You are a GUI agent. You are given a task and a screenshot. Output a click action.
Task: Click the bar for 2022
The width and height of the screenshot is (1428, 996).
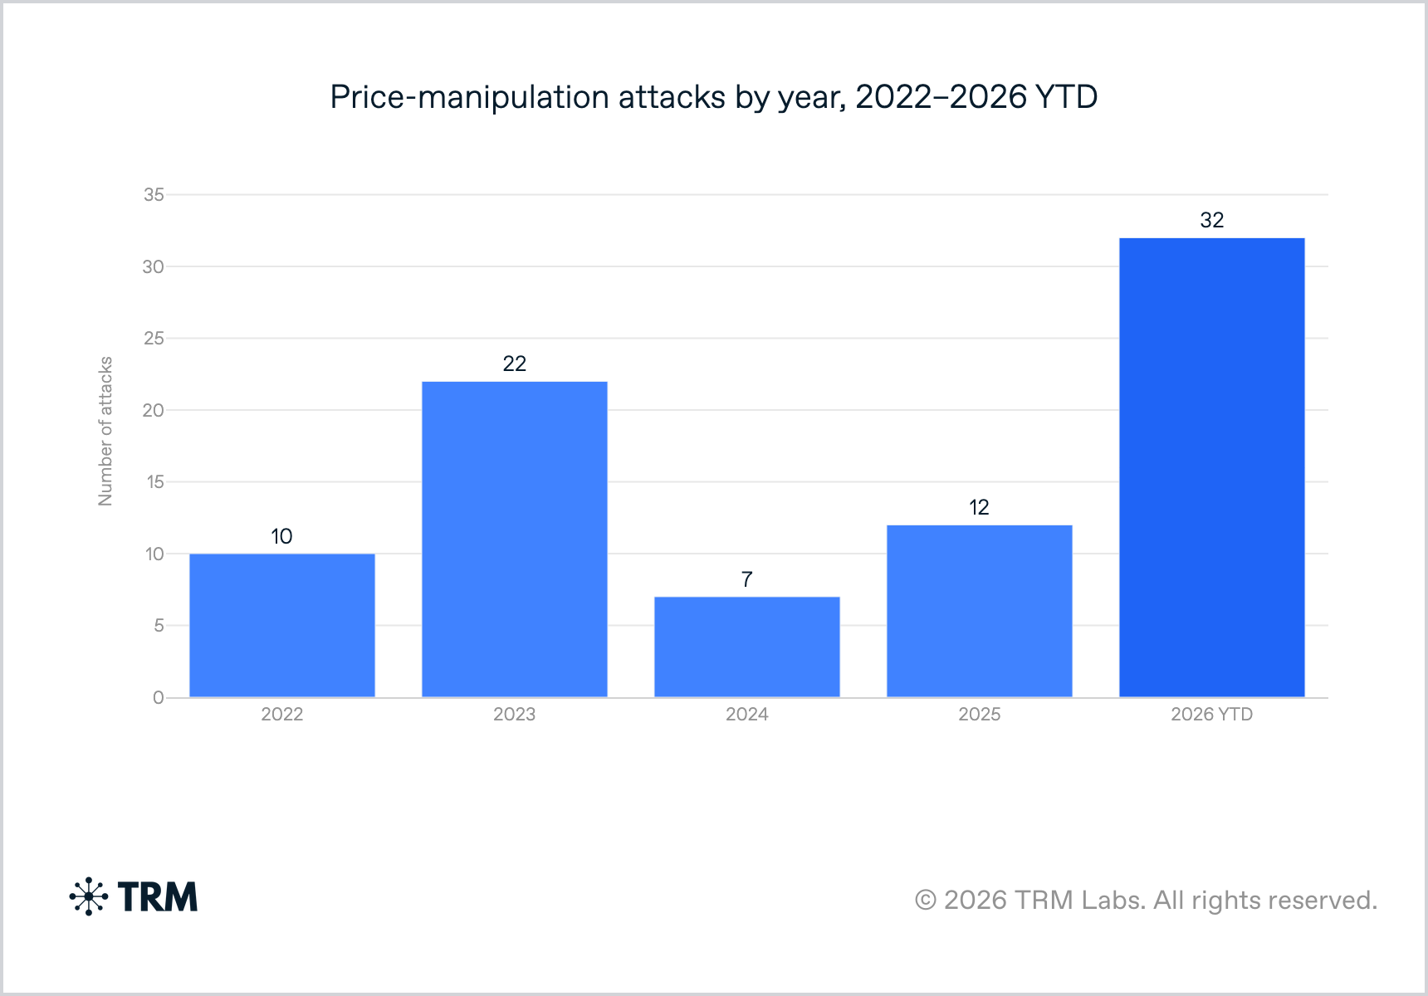pyautogui.click(x=282, y=625)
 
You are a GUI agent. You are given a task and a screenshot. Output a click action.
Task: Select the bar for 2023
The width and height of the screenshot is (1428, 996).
pyautogui.click(x=515, y=539)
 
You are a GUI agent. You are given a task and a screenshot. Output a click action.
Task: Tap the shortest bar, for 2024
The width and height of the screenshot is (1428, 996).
pyautogui.click(x=747, y=647)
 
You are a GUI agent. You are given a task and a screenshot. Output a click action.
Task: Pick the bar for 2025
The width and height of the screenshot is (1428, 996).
pyautogui.click(x=980, y=611)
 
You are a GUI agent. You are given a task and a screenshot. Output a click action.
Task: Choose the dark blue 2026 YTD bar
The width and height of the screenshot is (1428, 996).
pyautogui.click(x=1212, y=467)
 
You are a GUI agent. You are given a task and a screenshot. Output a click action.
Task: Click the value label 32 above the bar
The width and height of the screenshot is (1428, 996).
pyautogui.click(x=1212, y=220)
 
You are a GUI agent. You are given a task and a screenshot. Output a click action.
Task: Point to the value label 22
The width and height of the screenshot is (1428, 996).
pyautogui.click(x=515, y=364)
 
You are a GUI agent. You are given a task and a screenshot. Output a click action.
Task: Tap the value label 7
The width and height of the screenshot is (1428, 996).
pyautogui.click(x=747, y=579)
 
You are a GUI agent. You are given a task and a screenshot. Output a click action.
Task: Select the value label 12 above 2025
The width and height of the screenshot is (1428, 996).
pyautogui.click(x=980, y=507)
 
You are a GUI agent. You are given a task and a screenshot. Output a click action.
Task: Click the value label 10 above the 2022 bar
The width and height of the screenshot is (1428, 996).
pyautogui.click(x=282, y=536)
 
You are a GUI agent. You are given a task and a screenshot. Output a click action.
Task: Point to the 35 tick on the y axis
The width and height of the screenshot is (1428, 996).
pyautogui.click(x=154, y=194)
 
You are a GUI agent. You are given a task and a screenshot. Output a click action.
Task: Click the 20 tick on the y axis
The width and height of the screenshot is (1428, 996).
pyautogui.click(x=154, y=410)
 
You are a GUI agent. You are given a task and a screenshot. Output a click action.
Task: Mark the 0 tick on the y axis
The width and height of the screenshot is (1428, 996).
pyautogui.click(x=159, y=697)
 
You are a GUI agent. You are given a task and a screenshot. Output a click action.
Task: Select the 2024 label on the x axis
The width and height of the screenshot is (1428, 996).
pyautogui.click(x=747, y=715)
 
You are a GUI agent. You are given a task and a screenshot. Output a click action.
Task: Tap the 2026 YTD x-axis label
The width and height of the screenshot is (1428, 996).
pyautogui.click(x=1212, y=715)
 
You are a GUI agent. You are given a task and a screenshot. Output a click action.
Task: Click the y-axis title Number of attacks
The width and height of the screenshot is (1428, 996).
pyautogui.click(x=105, y=432)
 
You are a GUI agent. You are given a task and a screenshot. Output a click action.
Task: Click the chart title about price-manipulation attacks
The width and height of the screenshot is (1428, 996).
pyautogui.click(x=714, y=97)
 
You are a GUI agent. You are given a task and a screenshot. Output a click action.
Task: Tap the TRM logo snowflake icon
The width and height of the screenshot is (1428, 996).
pyautogui.click(x=89, y=896)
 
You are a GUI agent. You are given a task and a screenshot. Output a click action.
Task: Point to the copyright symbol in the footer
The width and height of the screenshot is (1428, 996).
pyautogui.click(x=926, y=900)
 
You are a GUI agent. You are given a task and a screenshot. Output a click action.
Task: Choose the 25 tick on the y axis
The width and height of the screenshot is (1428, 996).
pyautogui.click(x=154, y=338)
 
